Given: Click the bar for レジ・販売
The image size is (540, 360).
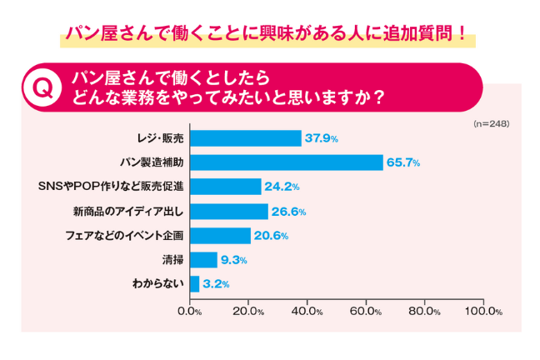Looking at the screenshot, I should pos(246,138).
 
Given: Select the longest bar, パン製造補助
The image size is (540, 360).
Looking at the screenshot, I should pos(287,162).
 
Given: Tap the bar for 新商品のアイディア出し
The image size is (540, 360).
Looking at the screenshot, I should pos(229,211).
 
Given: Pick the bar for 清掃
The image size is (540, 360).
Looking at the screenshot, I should pos(204,260).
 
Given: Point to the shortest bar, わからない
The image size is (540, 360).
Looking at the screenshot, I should pos(195,284).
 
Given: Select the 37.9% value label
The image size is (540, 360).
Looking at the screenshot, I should pos(321,138).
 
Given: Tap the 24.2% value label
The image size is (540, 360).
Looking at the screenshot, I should pos(281,187).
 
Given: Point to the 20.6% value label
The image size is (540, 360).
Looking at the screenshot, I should pos(270,236).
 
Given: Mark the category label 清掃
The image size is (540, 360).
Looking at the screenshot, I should pos(173,260).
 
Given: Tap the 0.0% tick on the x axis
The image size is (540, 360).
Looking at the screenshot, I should pos(191,312).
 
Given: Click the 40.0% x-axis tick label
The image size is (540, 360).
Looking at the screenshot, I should pos(308,312).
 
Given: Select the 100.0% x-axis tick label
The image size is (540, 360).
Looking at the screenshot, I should pos(482,312).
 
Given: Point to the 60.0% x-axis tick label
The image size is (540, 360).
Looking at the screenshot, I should pos(367,312).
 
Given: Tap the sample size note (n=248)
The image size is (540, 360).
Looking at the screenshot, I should pos(490,123).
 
